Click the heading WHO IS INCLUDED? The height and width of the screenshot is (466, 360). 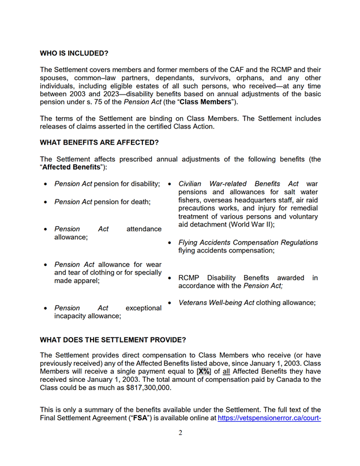point(74,53)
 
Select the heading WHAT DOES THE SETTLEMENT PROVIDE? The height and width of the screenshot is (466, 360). point(112,340)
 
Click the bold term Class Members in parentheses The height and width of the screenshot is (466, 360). point(208,102)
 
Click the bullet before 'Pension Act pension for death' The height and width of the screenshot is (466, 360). point(46,202)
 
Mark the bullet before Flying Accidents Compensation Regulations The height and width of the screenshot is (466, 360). point(170,243)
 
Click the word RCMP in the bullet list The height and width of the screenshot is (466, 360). point(190,278)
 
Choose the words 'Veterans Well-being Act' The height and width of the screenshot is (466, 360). point(216,302)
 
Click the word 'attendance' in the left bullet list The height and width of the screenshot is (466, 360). point(144,229)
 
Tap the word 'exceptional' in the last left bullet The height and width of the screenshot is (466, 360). point(143,308)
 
